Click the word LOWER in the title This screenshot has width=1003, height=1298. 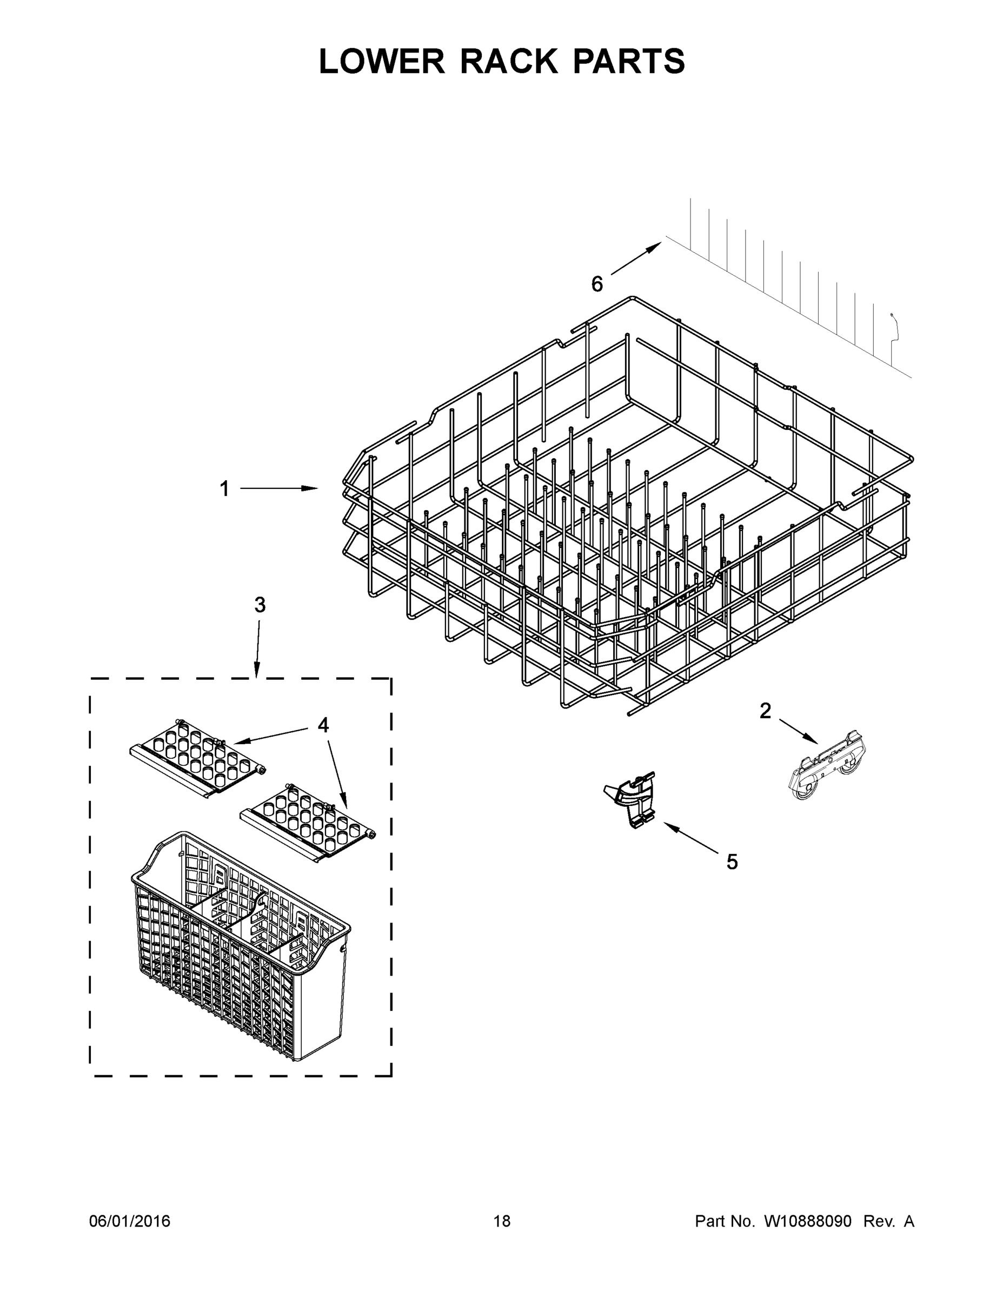coord(382,61)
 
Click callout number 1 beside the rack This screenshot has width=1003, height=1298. coord(224,489)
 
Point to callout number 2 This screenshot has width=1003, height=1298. coord(765,710)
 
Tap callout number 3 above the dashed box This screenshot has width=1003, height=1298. coord(260,605)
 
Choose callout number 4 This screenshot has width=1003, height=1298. coord(323,725)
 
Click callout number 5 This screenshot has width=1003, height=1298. coord(732,861)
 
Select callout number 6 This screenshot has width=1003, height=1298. coord(597,284)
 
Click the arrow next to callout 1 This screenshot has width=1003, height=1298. coord(278,488)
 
